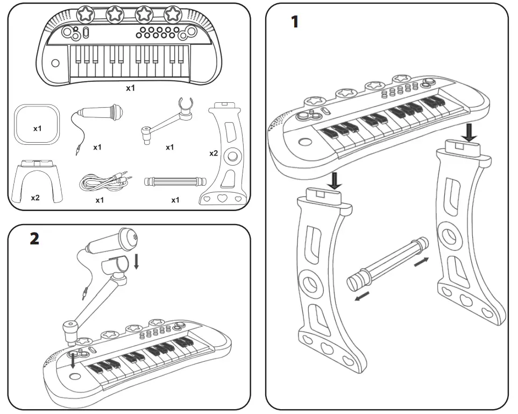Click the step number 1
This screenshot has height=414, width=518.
(x=294, y=22)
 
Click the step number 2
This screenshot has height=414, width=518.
(x=34, y=239)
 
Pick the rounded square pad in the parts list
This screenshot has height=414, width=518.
(x=37, y=125)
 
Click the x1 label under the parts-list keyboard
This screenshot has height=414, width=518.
(x=130, y=88)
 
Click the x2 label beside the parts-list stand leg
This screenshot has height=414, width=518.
(x=214, y=153)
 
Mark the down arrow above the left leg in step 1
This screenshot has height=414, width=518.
(x=335, y=180)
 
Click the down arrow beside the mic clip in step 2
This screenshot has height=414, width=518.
(x=137, y=261)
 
